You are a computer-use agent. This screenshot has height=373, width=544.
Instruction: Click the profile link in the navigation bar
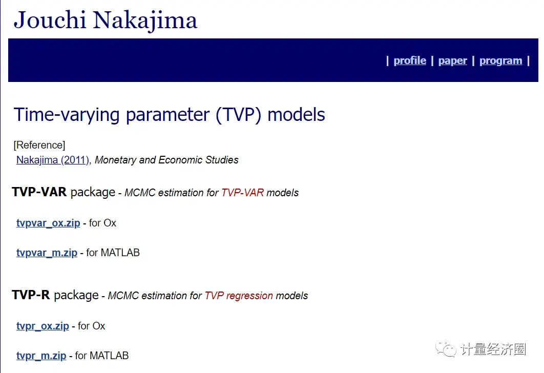(x=410, y=60)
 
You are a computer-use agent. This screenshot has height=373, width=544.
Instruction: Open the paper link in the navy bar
(x=453, y=60)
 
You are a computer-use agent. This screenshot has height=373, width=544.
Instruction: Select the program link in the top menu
(x=500, y=60)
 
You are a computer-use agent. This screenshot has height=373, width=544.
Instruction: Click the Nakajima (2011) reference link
(x=53, y=160)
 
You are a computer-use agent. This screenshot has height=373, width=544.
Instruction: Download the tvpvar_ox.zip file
(x=48, y=223)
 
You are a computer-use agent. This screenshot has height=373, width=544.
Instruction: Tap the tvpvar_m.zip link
(x=47, y=253)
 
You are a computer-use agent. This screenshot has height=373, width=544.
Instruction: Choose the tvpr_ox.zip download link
(x=43, y=326)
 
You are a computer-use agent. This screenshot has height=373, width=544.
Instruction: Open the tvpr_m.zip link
(x=41, y=356)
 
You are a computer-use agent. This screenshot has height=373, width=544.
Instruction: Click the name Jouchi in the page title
(x=50, y=20)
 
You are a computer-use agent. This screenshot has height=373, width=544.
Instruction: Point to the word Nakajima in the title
(x=145, y=20)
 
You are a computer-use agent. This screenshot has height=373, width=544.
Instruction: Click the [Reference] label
(x=39, y=145)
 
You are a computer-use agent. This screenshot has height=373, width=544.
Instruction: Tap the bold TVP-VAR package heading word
(x=39, y=192)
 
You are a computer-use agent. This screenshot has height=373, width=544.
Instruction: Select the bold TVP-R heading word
(x=31, y=295)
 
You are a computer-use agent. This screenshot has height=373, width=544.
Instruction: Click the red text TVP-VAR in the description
(x=242, y=193)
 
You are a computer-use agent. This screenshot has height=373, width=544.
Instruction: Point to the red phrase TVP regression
(x=239, y=296)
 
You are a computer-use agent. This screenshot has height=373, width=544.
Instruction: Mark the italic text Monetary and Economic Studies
(x=166, y=160)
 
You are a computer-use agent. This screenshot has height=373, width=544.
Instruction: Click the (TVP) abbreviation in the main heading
(x=239, y=114)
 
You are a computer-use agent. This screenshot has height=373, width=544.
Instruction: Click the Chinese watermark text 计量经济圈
(x=493, y=349)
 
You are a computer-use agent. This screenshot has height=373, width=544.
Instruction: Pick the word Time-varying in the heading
(x=68, y=114)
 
